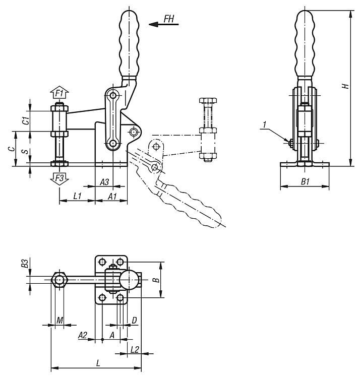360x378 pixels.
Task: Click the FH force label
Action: tap(169, 19)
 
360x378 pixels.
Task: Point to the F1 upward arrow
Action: tap(59, 92)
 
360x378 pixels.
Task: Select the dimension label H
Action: tap(346, 86)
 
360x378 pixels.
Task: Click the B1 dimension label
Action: tap(305, 181)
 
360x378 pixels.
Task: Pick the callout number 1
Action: tap(265, 124)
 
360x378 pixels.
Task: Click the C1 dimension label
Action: tap(26, 120)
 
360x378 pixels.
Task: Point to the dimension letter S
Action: tap(25, 152)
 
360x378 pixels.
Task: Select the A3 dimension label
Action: tap(104, 182)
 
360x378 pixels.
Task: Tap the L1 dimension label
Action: tap(77, 196)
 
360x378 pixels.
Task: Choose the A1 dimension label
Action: tap(112, 196)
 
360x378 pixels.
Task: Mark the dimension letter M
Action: tap(59, 321)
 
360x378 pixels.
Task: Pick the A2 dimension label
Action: tap(83, 335)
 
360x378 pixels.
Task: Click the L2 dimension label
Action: tap(135, 349)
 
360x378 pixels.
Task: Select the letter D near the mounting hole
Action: tap(134, 320)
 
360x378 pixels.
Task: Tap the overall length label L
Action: tap(98, 363)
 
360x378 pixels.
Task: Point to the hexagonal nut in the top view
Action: tap(59, 280)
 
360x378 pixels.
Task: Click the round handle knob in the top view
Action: tap(130, 280)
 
